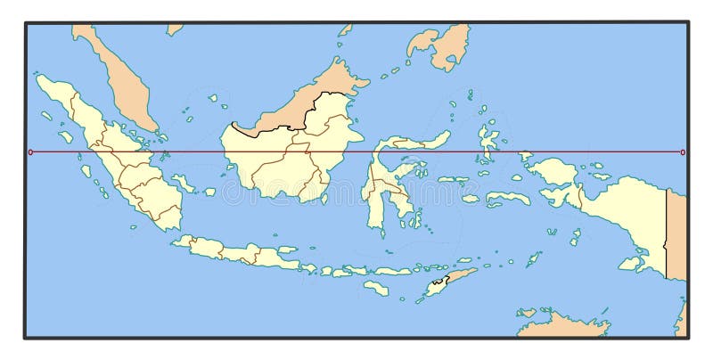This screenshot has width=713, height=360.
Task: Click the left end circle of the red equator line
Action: coord(30,152)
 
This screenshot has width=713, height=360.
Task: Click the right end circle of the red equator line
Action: coord(683,152)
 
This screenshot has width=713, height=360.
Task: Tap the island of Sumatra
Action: coord(125,169)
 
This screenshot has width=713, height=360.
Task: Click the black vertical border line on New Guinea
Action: coord(667,232)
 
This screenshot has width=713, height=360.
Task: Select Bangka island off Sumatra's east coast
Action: coord(183,183)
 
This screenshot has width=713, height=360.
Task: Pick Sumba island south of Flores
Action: coord(376,288)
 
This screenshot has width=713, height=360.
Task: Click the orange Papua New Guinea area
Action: coord(676,232)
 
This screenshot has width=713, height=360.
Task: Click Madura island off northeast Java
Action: coord(287,250)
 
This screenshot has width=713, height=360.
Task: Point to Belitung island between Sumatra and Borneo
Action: coord(209,192)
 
